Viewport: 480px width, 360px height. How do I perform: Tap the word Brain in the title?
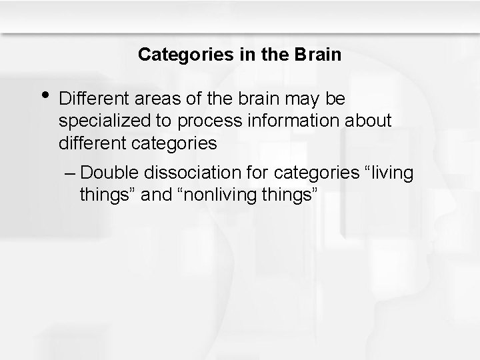[317, 55]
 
